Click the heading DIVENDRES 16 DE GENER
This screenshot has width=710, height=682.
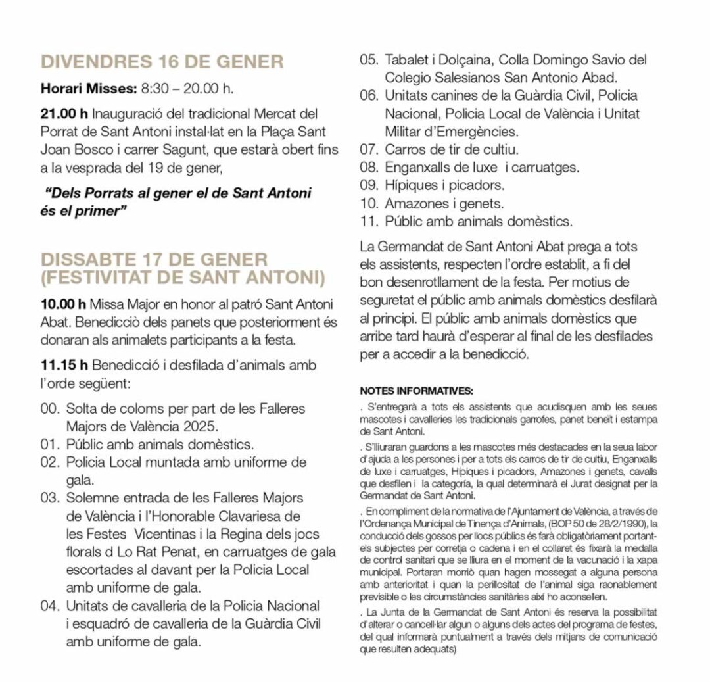[162, 62]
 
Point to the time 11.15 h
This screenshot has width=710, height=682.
[64, 365]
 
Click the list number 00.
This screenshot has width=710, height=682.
[50, 408]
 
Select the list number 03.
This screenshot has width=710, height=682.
[50, 497]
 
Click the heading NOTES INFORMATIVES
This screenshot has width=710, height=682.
[417, 391]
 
